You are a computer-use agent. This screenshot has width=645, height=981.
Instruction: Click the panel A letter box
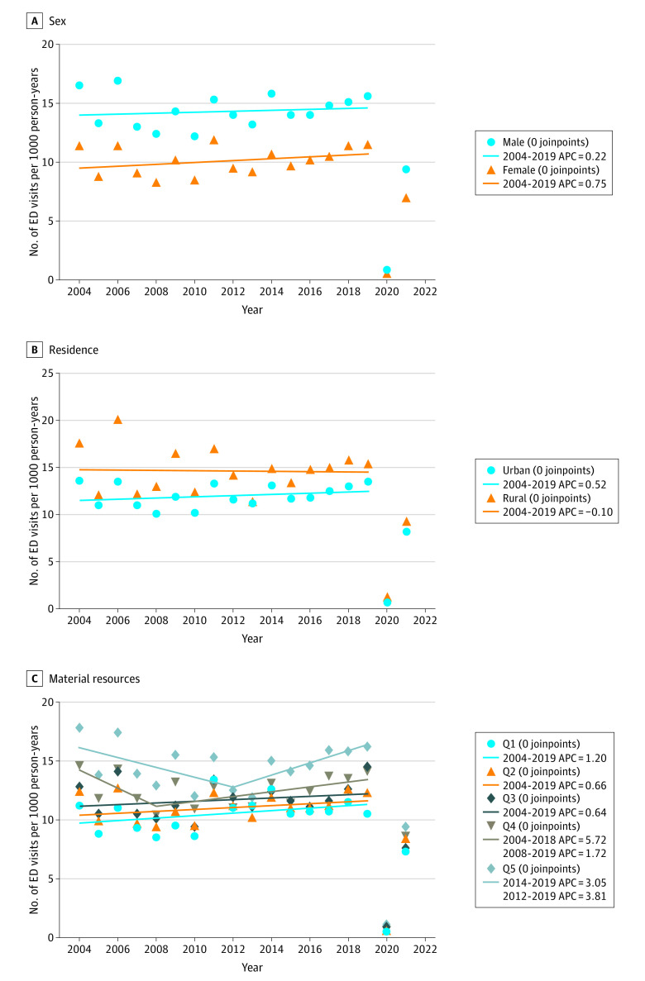coord(35,21)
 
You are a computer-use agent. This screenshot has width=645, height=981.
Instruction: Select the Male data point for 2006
coord(117,81)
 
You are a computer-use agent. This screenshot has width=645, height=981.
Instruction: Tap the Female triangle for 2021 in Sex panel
coord(406,198)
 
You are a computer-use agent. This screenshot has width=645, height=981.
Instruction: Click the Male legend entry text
coord(546,143)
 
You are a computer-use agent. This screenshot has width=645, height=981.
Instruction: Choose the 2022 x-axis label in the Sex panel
coord(425,292)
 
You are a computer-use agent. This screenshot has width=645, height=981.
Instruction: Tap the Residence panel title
coord(74,350)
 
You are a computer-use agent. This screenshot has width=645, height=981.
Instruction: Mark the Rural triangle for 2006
coord(117,420)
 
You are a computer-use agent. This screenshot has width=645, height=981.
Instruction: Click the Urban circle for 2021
coord(406,531)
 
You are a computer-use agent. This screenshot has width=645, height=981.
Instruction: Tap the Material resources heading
coord(94,679)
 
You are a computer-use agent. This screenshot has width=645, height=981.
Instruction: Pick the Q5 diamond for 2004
coord(79,727)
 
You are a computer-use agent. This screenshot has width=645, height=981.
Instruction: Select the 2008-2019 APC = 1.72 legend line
coord(554,854)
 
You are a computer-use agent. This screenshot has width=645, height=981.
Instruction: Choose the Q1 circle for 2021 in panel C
coord(406,851)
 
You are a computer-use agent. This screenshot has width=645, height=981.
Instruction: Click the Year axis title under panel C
coord(252,967)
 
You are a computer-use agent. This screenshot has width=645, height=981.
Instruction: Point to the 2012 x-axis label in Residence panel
coord(233,621)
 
